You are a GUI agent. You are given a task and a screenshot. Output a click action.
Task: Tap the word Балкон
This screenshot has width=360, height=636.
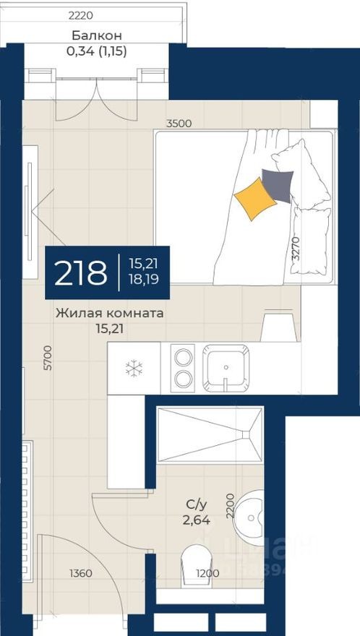[x=96, y=35]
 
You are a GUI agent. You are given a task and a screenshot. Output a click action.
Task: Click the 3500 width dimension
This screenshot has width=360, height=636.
[x=179, y=124]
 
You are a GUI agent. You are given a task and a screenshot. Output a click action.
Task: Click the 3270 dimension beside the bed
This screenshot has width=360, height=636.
[x=294, y=246]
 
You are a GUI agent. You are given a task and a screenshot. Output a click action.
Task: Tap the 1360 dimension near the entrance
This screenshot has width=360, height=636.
[x=81, y=573]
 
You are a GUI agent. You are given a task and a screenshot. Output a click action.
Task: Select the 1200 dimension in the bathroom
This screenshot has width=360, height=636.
[x=207, y=573]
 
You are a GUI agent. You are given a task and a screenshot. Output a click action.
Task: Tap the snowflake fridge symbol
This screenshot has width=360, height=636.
[x=134, y=369]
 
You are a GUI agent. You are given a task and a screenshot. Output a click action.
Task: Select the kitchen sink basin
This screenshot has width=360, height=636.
[x=226, y=367]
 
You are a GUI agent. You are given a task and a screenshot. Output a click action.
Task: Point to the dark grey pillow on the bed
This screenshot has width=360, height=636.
[x=278, y=183]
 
